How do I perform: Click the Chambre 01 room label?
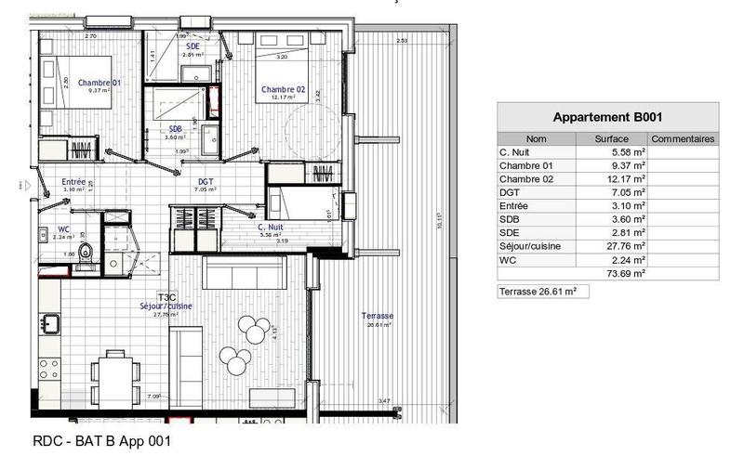tap(95, 82)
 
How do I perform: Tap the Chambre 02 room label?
tap(284, 89)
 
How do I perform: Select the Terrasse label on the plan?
tap(379, 317)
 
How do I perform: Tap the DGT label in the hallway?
tap(206, 182)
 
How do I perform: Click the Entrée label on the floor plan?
tap(73, 182)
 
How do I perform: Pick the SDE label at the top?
tap(193, 46)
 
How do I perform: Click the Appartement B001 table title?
tap(607, 117)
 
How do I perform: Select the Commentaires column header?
tap(683, 138)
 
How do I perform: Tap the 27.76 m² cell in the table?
tap(626, 246)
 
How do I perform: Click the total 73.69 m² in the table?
tap(626, 274)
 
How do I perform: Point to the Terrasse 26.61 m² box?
tap(544, 292)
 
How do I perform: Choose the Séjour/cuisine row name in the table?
tap(530, 246)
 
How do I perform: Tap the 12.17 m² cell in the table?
tap(626, 178)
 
